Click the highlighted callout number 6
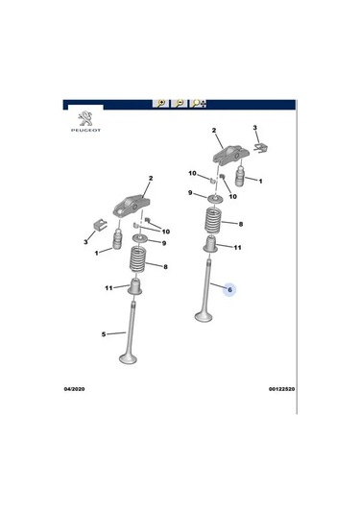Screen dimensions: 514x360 click(x=229, y=288)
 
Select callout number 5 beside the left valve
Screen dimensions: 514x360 click(x=104, y=334)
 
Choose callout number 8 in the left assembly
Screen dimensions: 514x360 click(x=166, y=267)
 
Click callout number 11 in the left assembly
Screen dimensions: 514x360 click(x=108, y=288)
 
